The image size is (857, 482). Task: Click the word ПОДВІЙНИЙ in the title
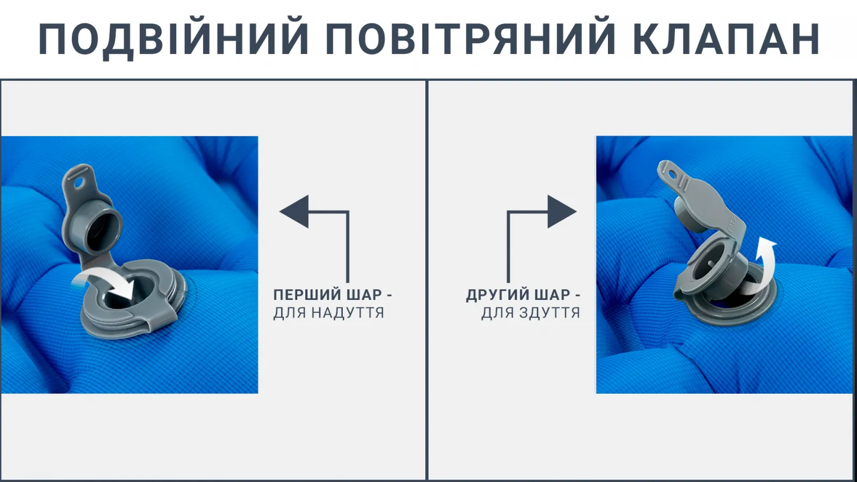click(174, 39)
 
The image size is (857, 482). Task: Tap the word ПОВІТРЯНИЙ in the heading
click(470, 39)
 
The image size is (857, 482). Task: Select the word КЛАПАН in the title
click(726, 39)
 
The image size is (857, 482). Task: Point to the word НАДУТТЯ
click(347, 313)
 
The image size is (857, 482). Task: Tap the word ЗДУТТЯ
click(550, 313)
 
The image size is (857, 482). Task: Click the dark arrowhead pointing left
click(294, 212)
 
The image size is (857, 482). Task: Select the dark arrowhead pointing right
click(562, 212)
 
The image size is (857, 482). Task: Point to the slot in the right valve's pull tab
click(670, 175)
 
